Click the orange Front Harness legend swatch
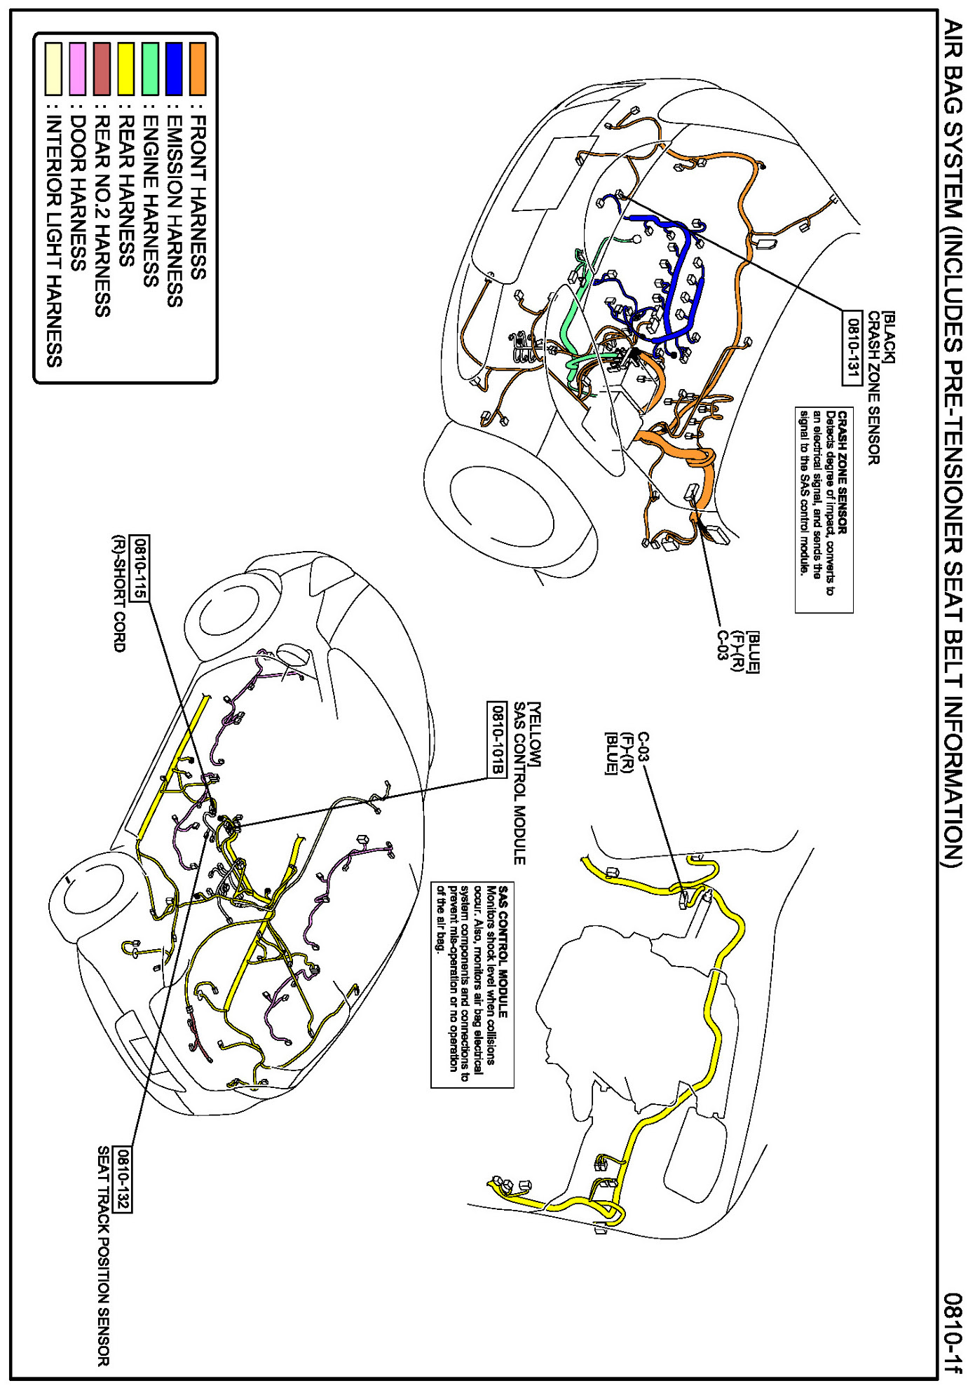tap(198, 69)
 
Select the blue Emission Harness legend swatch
tap(174, 69)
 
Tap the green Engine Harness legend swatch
tap(150, 69)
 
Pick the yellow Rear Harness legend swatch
tap(126, 69)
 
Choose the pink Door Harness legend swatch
tap(78, 69)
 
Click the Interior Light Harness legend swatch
tap(53, 69)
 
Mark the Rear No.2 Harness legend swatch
tap(102, 69)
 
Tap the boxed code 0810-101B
tap(496, 739)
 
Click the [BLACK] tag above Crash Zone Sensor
tap(887, 337)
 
